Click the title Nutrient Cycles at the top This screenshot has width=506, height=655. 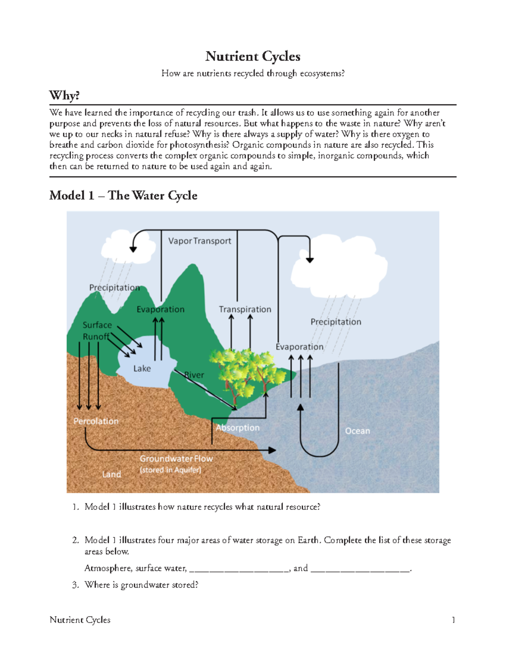[x=253, y=56]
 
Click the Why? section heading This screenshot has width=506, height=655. [x=64, y=95]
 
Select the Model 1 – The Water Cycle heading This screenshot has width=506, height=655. [x=123, y=195]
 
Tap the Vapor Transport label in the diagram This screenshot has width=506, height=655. [x=199, y=241]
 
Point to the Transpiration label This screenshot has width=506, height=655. [x=245, y=309]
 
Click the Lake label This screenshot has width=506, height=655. [x=142, y=368]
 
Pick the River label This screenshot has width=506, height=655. [x=194, y=375]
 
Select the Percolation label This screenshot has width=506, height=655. [x=96, y=421]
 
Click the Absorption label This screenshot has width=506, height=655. [x=237, y=428]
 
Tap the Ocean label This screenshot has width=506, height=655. [x=357, y=431]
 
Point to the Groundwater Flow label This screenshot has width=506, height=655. [x=176, y=458]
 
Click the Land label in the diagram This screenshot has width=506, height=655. [x=111, y=474]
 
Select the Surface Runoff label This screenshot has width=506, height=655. [x=97, y=331]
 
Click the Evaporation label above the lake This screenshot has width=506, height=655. [x=160, y=309]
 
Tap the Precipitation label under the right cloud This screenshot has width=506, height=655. [x=336, y=322]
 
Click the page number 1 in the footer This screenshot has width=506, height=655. [x=453, y=620]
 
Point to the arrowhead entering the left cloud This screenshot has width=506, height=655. [x=133, y=249]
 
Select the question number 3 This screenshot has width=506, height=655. [x=75, y=585]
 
